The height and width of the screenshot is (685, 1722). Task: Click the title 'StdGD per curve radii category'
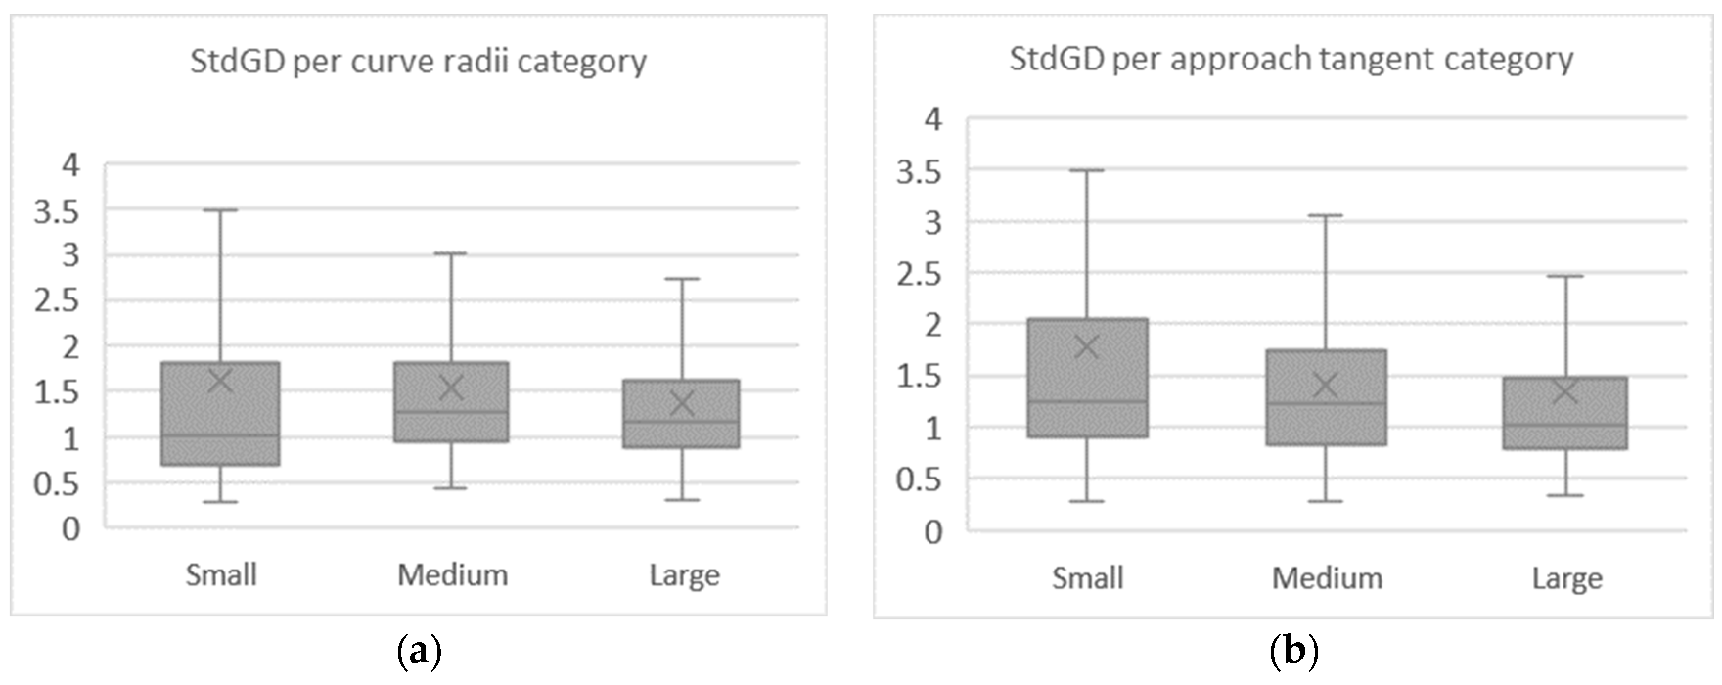(x=418, y=62)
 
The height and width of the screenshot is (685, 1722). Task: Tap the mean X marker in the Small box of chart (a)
(x=221, y=381)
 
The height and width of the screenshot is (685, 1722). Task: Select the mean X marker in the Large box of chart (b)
(x=1565, y=392)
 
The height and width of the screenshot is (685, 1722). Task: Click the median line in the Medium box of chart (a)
(x=451, y=411)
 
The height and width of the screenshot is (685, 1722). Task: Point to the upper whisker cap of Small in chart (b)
(x=1087, y=170)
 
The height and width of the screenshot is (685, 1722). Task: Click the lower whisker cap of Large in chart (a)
(x=682, y=499)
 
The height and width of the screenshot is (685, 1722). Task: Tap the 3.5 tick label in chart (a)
(x=57, y=212)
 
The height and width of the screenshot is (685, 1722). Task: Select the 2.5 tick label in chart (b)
(x=919, y=274)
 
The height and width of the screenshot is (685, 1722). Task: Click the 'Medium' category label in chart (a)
(x=453, y=575)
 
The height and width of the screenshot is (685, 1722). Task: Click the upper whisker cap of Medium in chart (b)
(x=1326, y=215)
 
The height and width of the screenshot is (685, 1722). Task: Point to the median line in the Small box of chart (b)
(x=1087, y=401)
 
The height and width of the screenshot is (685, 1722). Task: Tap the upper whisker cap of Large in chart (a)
(x=682, y=279)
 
